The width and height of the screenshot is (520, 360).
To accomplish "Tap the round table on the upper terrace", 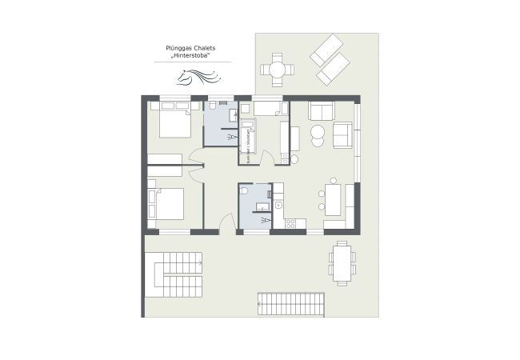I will (277, 70).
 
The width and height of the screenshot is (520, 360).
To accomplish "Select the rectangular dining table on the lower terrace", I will (342, 263).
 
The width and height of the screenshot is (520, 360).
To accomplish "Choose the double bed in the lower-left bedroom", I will (168, 202).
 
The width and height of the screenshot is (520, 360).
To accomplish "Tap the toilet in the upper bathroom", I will (214, 106).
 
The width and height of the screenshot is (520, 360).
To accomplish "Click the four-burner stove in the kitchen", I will (291, 224).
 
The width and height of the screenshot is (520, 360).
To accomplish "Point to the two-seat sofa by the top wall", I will (322, 110).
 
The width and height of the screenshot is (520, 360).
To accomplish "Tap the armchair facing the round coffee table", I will (342, 134).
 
